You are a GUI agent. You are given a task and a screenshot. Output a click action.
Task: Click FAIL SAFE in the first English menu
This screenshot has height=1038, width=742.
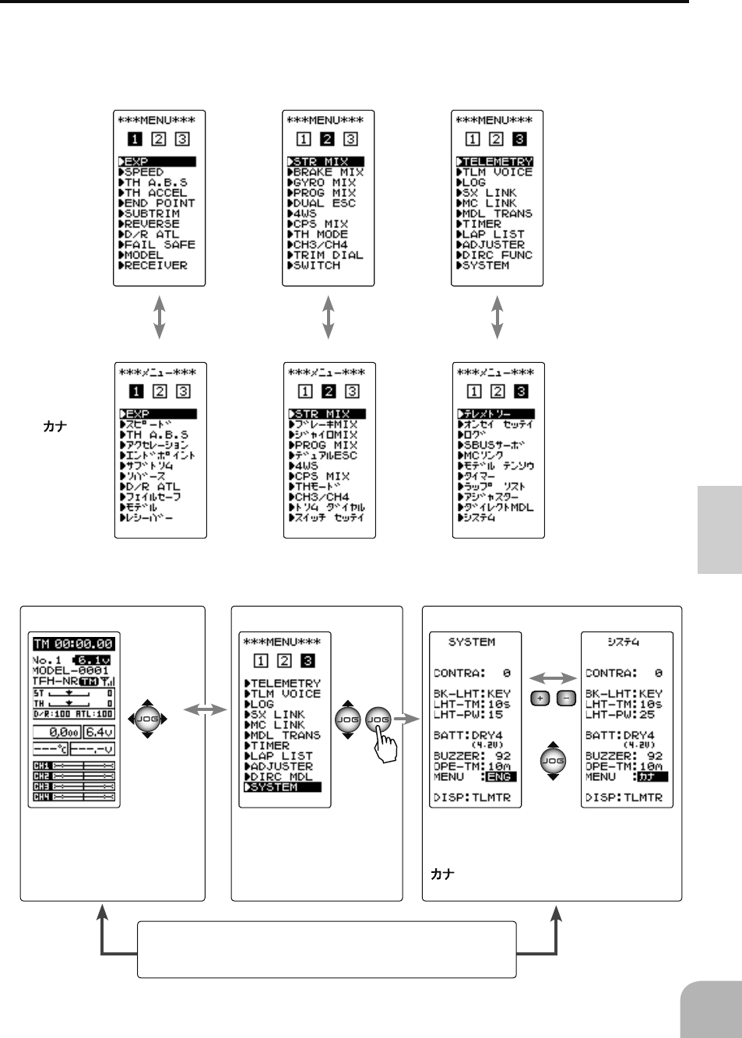coord(156,245)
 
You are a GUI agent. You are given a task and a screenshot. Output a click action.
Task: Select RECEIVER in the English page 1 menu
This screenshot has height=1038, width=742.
coord(156,266)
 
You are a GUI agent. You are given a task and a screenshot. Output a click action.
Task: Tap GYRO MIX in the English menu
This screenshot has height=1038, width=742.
coord(325,183)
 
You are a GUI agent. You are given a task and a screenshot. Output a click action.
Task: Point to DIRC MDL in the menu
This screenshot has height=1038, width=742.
coord(280,777)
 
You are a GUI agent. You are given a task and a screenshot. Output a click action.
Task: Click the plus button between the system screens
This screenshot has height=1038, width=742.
coord(540,698)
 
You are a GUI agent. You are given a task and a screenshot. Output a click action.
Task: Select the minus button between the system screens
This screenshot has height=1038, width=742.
coord(566,698)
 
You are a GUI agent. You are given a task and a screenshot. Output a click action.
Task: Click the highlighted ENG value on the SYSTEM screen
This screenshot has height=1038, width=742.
coord(499,777)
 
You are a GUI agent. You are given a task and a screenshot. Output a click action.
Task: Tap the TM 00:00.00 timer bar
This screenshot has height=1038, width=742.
coord(74,644)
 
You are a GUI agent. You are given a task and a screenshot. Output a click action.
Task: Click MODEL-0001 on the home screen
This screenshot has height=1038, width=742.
coord(70,670)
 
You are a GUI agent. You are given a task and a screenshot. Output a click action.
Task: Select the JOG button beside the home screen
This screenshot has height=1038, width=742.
coord(147,720)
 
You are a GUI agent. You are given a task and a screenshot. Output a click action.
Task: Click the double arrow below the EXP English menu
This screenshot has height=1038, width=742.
coord(160,317)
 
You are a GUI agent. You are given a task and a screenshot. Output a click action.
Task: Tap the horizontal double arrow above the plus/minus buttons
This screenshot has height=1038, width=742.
coord(553,678)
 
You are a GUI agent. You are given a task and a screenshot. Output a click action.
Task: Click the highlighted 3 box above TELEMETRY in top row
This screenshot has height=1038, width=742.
coord(519,139)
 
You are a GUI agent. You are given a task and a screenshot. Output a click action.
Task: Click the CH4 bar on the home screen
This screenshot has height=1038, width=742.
coord(74,797)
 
